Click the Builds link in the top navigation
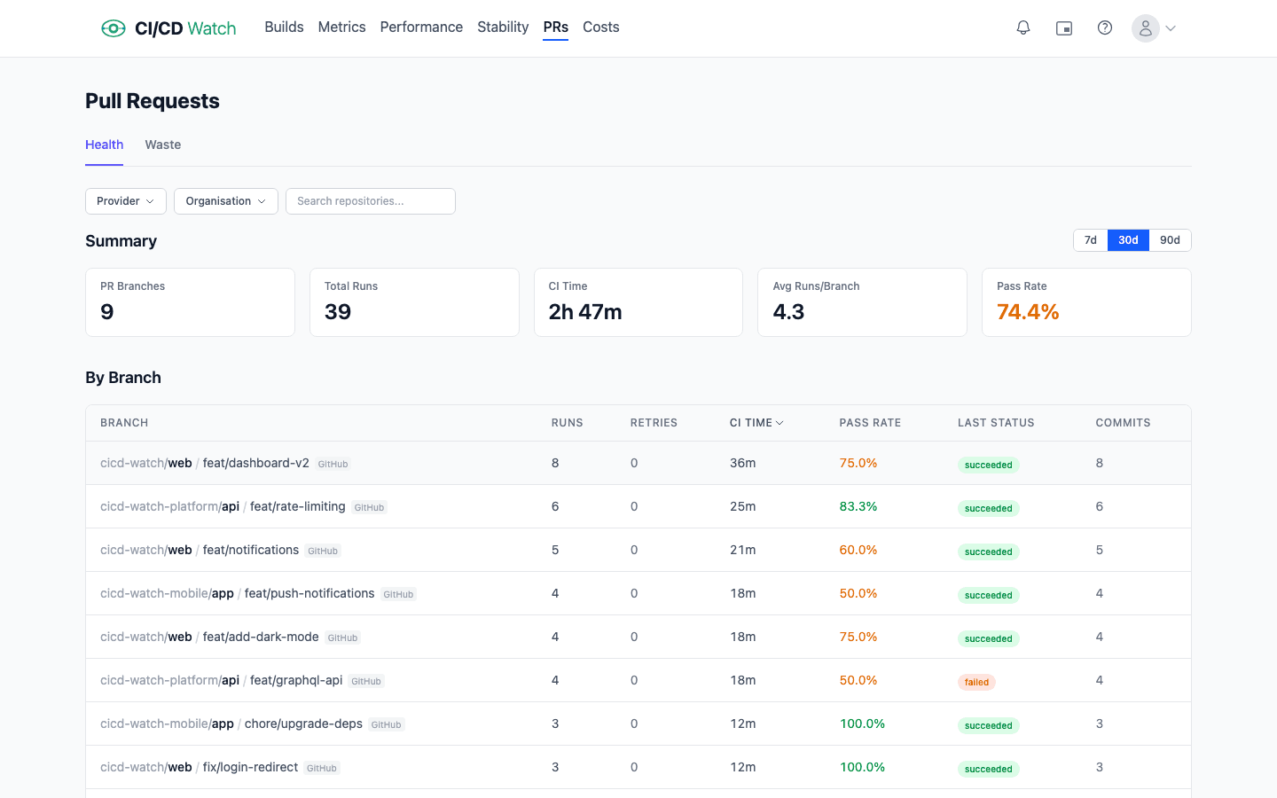284,27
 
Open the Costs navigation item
600,27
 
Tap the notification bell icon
1022,28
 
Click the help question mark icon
1104,28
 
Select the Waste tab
162,145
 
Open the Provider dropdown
125,201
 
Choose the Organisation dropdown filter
225,201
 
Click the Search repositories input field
370,201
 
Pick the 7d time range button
1090,240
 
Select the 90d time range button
1169,240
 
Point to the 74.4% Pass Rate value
1028,312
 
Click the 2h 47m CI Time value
584,312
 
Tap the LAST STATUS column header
995,423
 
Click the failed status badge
976,682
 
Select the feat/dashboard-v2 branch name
255,463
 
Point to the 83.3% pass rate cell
858,506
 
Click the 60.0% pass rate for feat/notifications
858,550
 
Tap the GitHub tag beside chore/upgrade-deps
386,724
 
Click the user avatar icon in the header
1145,28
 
